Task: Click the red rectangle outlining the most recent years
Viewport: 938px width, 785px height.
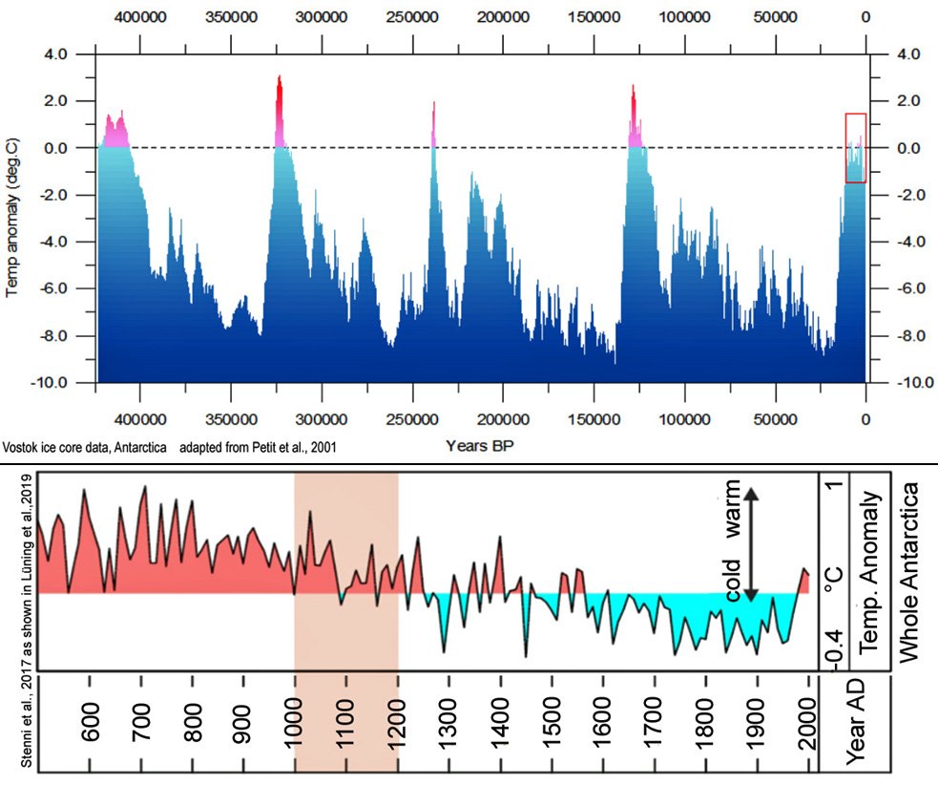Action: (855, 147)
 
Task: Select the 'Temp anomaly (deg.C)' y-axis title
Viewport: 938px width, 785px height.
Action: (14, 218)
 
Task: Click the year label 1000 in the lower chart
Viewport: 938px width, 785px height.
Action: (295, 728)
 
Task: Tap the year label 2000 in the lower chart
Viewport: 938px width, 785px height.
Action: (809, 728)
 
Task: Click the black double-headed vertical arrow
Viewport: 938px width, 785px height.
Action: (751, 544)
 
